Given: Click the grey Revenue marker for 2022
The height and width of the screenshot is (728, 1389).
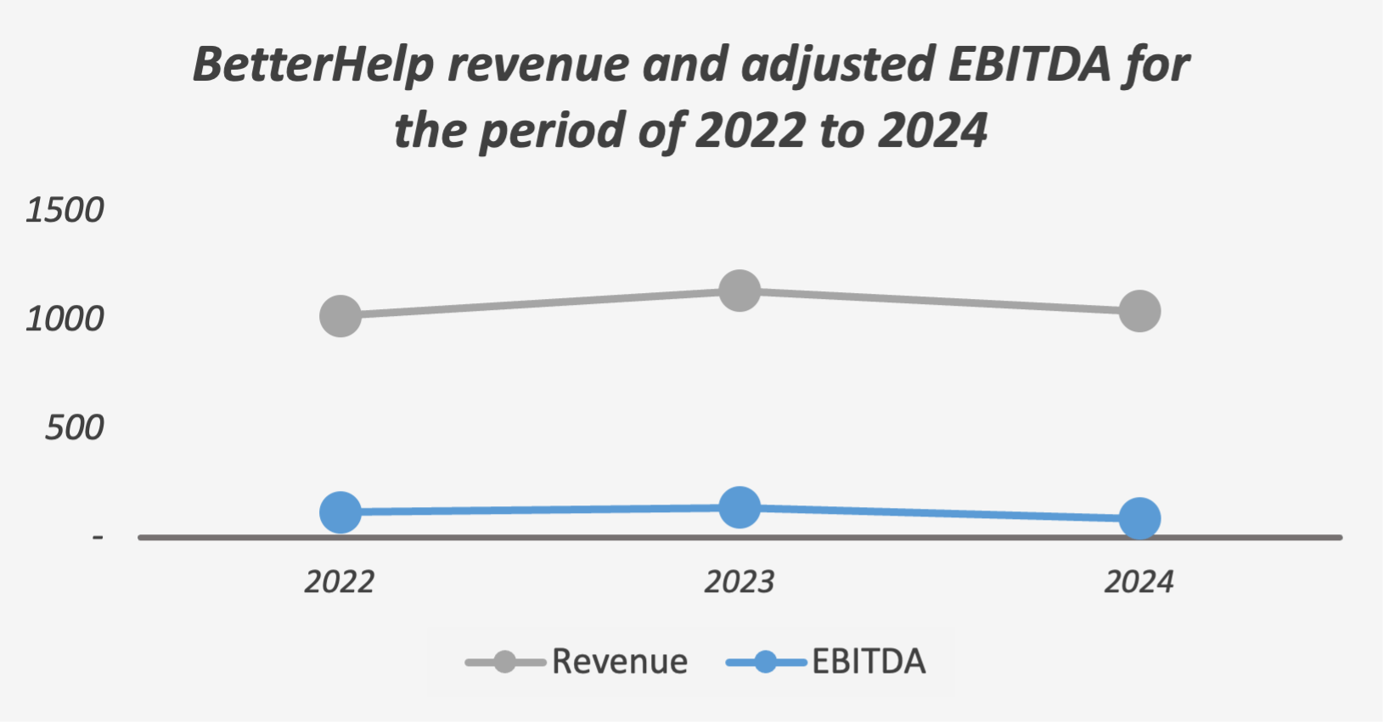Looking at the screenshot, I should point(340,317).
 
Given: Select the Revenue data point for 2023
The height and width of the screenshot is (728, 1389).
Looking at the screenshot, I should point(739,291).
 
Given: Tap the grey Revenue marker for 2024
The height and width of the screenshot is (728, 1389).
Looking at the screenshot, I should point(1139,312).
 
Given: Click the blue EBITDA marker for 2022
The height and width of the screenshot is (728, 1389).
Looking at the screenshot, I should point(340,512).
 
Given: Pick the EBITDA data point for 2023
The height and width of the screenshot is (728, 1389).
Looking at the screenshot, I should point(739,508).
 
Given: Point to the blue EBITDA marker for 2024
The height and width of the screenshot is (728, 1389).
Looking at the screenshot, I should point(1139,518).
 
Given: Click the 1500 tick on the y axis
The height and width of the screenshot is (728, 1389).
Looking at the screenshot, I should point(65,210).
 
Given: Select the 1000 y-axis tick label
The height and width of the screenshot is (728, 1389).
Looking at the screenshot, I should point(65,319).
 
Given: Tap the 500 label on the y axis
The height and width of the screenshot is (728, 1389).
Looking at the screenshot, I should point(74,427).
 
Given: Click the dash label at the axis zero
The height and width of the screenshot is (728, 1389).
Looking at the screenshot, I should point(98,537).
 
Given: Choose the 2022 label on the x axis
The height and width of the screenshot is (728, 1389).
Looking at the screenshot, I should point(340,582).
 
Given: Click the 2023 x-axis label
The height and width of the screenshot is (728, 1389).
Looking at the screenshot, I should point(739,582).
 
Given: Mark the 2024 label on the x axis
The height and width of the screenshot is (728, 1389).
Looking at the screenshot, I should point(1139,582).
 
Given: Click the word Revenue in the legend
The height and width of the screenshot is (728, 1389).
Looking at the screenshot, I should point(620,662).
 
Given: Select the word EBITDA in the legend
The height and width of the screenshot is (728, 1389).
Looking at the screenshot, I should point(869,662).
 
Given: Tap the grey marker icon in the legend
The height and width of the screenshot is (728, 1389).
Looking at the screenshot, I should point(505,662).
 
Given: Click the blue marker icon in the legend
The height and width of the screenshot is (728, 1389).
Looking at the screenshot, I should point(766,662).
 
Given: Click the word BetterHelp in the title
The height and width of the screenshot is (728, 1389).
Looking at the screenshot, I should point(312,65).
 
